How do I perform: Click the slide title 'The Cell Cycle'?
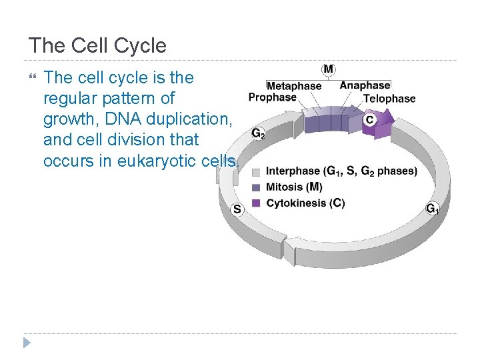coord(97,46)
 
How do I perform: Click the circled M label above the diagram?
coord(329,69)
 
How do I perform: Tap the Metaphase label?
coord(293,86)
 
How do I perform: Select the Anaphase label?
coord(365,85)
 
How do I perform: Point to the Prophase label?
coord(272,97)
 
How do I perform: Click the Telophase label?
coord(389,99)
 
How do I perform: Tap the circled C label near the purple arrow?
coord(369,120)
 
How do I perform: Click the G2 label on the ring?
coord(259,133)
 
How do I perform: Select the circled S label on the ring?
coord(237,209)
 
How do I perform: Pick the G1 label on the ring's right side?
coord(433,209)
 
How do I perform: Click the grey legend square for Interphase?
coord(256,172)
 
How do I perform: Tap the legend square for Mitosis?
coord(256,187)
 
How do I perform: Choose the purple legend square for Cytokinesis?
coord(256,203)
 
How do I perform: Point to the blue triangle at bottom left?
coord(26,343)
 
